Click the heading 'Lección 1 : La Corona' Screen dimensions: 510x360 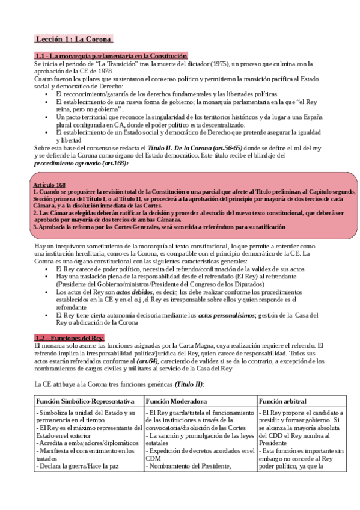(73, 40)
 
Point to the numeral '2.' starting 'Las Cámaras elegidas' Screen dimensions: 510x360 (35, 212)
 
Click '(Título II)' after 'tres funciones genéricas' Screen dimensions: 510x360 (188, 384)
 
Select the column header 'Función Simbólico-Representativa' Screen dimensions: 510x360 (85, 401)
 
